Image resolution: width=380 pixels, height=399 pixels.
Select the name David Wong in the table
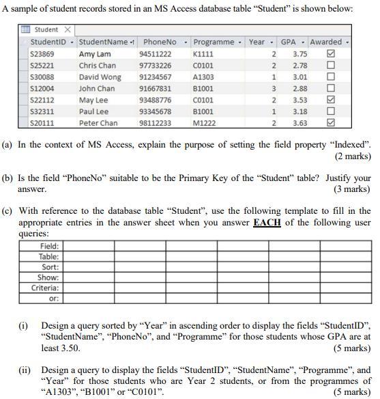pos(100,77)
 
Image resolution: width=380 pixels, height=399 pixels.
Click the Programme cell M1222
pos(203,124)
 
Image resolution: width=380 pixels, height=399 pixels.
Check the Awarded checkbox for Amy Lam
pos(331,54)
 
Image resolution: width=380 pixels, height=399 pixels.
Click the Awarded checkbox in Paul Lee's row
pos(331,112)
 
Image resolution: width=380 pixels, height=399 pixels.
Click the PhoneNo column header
pos(160,42)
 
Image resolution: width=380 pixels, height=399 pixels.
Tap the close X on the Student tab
pos(68,30)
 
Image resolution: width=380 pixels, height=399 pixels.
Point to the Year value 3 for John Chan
pos(274,89)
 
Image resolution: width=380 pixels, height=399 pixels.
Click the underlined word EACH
pos(267,223)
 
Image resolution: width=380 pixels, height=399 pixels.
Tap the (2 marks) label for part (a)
pos(353,156)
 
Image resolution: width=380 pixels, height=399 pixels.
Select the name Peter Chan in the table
pos(98,124)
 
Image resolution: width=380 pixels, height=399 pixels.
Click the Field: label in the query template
pos(49,246)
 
